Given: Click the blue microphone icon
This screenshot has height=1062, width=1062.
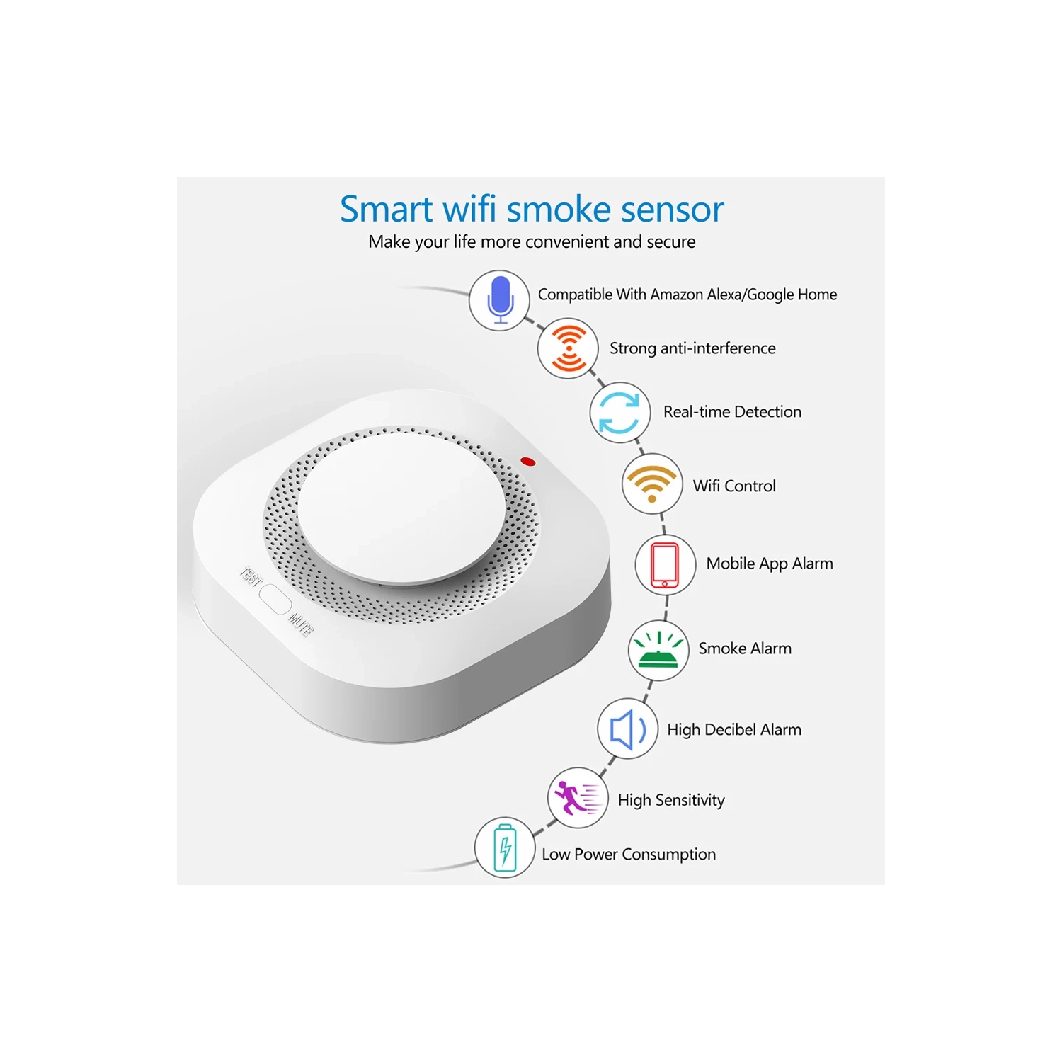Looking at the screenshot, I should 500,299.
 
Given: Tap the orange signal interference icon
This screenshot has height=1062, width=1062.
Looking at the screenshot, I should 568,348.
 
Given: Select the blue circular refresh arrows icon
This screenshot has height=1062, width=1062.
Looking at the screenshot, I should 619,412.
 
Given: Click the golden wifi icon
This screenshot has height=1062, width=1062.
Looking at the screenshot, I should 652,484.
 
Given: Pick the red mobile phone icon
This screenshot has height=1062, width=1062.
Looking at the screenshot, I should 665,564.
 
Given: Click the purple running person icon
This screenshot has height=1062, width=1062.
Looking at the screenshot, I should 577,798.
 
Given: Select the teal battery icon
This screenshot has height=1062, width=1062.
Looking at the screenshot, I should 505,847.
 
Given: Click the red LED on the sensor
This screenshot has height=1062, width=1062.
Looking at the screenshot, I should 528,462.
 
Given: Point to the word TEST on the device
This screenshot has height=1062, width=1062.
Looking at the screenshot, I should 251,576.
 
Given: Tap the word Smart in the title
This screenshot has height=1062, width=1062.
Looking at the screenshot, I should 387,210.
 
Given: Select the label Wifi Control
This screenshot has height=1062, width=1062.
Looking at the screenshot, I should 734,486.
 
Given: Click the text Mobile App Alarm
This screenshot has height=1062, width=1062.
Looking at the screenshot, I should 770,564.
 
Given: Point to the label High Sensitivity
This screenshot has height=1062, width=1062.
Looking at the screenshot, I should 671,800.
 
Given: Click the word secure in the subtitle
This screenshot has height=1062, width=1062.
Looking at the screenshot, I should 670,242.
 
